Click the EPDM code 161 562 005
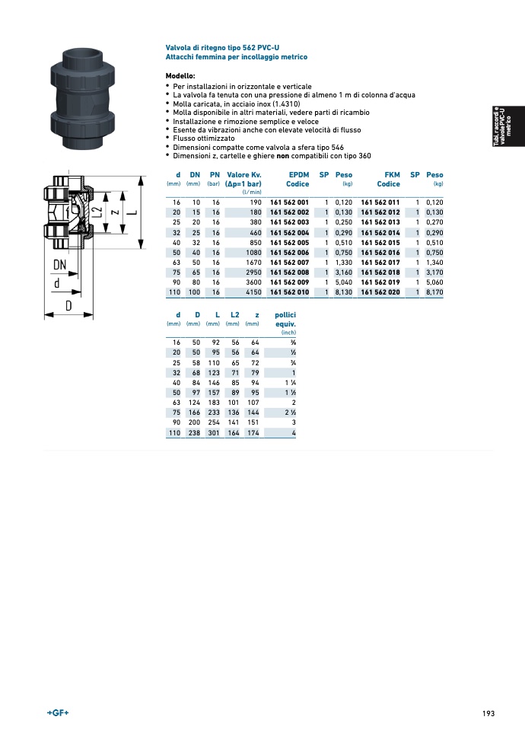coord(289,243)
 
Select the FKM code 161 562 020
coord(380,292)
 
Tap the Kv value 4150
coord(253,292)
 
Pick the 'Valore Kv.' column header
coord(244,175)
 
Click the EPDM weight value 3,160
coord(344,272)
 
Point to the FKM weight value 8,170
coord(434,292)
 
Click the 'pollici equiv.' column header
coord(285,320)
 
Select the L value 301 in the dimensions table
coord(214,432)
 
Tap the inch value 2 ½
coord(291,413)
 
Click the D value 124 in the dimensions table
coord(194,403)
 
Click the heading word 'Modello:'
coord(180,76)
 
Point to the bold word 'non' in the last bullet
coord(283,156)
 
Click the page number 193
coord(488,714)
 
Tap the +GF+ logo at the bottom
coord(58,713)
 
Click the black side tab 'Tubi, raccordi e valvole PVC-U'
coord(508,126)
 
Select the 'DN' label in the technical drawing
coord(60,265)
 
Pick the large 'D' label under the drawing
coord(68,306)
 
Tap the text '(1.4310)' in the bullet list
coord(287,104)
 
